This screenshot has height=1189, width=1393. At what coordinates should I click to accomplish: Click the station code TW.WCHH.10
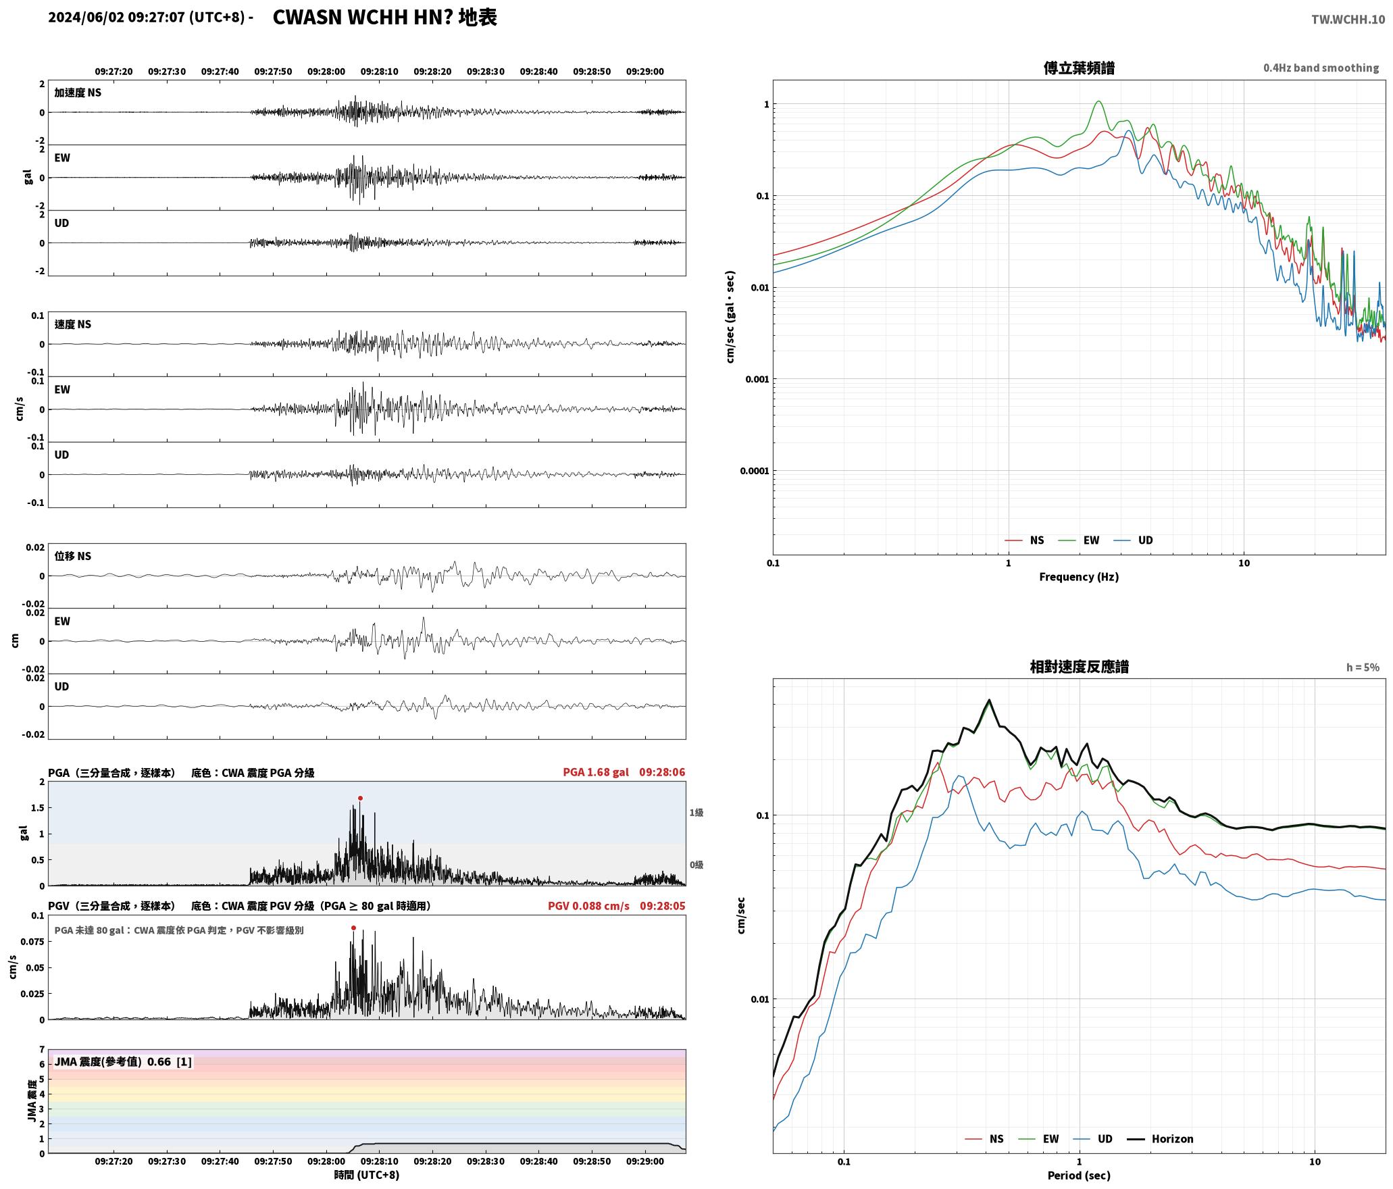(x=1348, y=20)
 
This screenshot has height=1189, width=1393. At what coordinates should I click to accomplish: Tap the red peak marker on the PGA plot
(x=360, y=799)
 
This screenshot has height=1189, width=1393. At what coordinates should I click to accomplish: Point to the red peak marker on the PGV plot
(x=353, y=928)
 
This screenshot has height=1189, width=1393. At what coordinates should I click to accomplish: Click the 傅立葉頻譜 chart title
(x=1079, y=68)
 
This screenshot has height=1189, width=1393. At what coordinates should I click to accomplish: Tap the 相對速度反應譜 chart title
(x=1079, y=667)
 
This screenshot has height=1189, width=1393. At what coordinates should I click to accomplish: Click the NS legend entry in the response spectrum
(x=985, y=1139)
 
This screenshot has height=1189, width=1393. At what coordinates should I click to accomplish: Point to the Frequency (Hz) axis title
(x=1079, y=577)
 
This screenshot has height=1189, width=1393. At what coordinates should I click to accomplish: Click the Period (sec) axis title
(x=1079, y=1176)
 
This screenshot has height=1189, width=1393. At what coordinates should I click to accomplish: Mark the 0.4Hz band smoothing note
(x=1321, y=68)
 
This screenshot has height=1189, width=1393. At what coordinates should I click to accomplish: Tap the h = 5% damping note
(x=1363, y=667)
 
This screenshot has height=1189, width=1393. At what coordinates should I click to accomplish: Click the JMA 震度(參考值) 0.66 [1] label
(x=123, y=1062)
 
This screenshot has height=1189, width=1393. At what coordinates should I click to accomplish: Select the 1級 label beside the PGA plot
(x=696, y=813)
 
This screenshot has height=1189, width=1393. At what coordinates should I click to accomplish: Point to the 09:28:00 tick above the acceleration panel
(x=326, y=72)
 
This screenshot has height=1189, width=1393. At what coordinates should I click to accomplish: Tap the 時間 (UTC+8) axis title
(x=367, y=1175)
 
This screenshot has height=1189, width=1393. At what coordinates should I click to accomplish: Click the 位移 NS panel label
(x=73, y=557)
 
